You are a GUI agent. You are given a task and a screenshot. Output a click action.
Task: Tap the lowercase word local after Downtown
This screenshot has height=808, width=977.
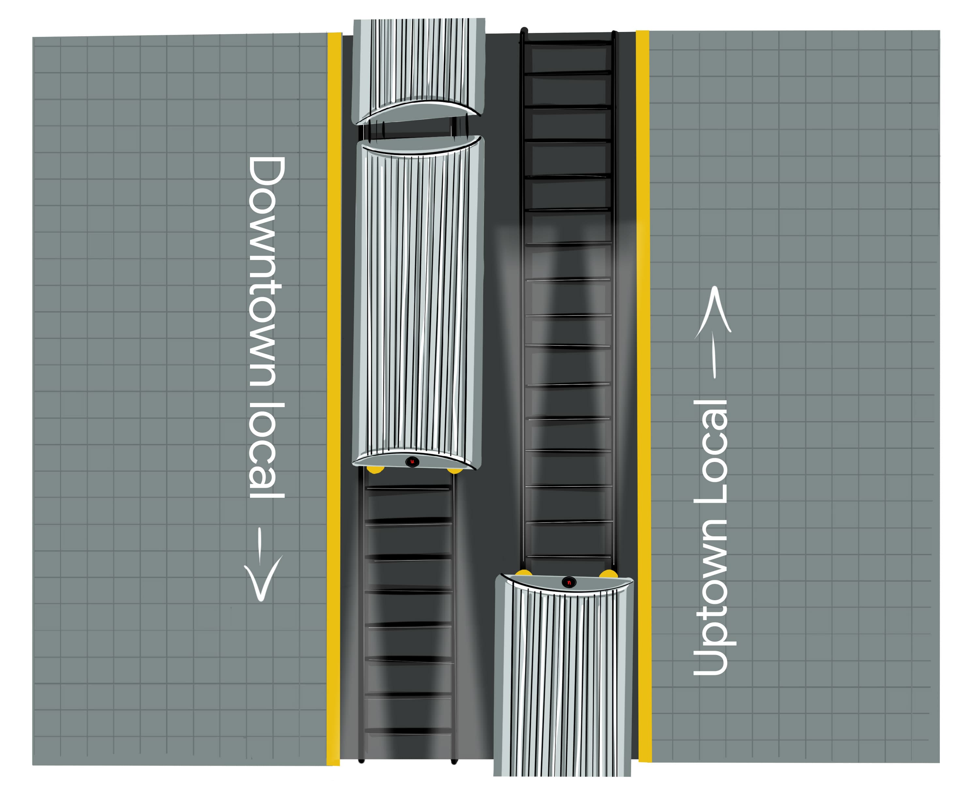coord(266,450)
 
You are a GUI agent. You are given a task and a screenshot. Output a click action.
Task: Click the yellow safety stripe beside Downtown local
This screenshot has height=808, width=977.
coord(333,399)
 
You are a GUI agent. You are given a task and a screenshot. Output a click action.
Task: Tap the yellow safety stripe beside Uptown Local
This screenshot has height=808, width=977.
coord(644,396)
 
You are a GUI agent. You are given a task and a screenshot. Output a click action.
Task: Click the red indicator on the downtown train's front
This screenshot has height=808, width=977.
coord(412,462)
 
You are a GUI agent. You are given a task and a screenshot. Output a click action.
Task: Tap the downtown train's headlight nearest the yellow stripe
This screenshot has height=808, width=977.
coord(375,470)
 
